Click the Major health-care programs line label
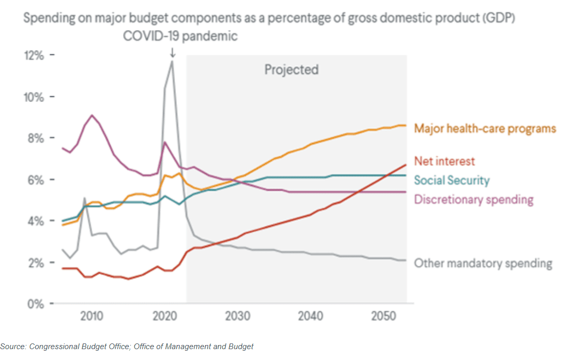click(x=485, y=128)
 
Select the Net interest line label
click(x=444, y=161)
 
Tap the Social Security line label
click(x=452, y=181)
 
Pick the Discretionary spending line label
click(x=473, y=199)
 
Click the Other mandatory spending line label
click(x=483, y=263)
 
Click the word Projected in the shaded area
click(x=292, y=69)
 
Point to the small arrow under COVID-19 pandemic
click(x=172, y=52)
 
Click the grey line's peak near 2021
click(x=172, y=62)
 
